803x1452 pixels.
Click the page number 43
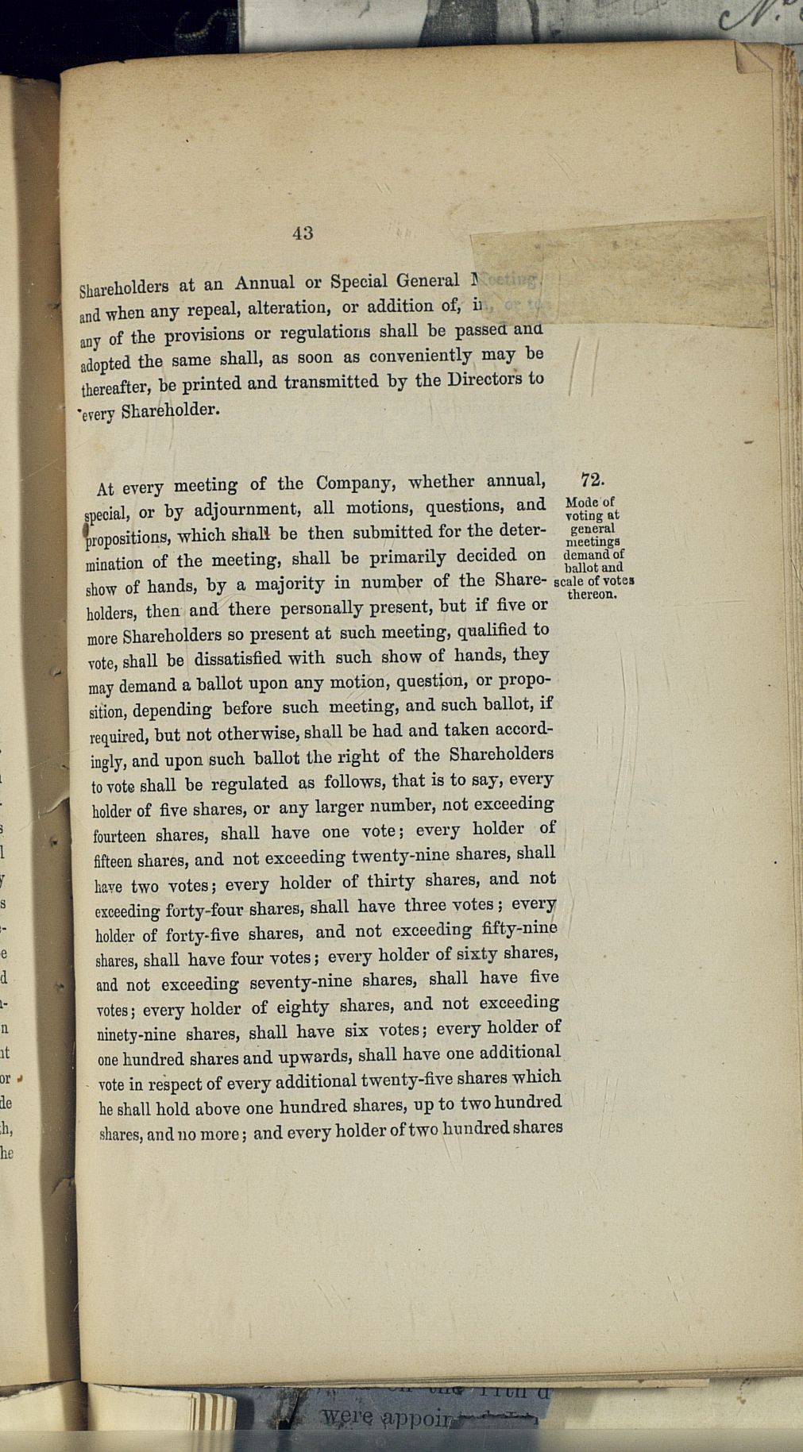[x=303, y=233]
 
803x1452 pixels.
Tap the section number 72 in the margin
[x=592, y=480]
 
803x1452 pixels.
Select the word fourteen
[x=119, y=836]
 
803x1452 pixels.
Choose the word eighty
[x=301, y=1007]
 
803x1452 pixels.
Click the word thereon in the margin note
[x=592, y=594]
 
